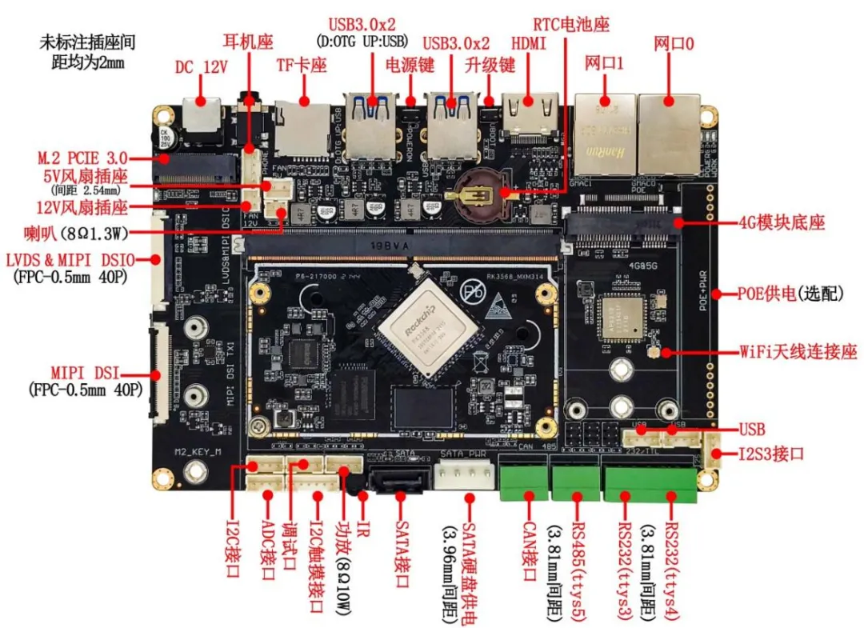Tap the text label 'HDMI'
(x=529, y=44)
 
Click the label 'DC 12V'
(x=202, y=68)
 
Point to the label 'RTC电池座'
(x=574, y=14)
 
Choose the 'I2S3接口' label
(x=771, y=454)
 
